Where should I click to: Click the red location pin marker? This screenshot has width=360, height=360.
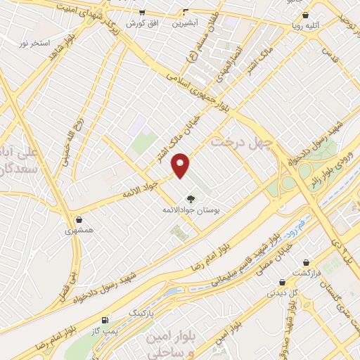point(181,166)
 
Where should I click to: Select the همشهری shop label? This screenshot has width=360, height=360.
point(79,230)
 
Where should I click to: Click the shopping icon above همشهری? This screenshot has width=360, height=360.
point(79,219)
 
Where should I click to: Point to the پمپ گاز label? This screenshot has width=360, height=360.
point(105,330)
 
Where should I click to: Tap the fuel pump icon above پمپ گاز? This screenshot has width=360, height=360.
point(105,319)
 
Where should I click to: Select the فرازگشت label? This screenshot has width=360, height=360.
point(307,272)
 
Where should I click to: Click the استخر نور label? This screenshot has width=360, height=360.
point(34,43)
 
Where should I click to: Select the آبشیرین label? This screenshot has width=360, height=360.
point(186,22)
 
